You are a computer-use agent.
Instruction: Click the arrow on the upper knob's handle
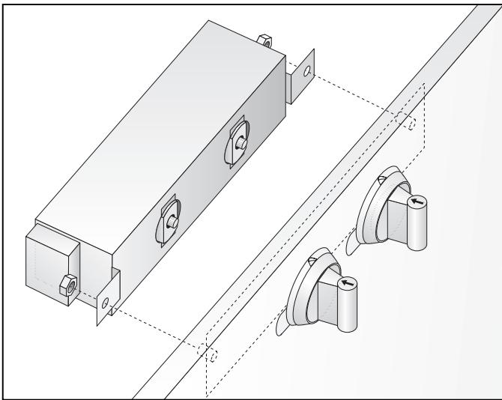tap(417, 201)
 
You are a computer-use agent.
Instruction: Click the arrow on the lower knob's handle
tap(347, 283)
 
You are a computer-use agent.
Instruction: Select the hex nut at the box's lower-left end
tap(66, 285)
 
